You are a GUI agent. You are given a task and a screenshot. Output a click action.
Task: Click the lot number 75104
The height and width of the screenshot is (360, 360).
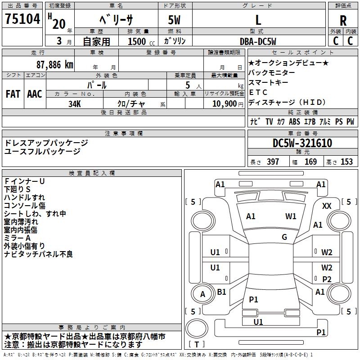coord(22,19)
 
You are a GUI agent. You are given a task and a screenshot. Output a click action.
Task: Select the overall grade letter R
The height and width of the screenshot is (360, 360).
coord(343,21)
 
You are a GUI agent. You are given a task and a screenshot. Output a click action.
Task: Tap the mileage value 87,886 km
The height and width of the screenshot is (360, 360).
coord(55,65)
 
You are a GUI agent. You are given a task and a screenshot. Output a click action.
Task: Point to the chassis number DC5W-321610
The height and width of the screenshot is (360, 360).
coord(302,143)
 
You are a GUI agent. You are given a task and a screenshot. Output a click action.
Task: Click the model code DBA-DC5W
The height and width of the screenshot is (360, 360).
coord(258,41)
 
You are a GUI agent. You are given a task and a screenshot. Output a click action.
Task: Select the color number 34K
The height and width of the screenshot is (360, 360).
coord(75,104)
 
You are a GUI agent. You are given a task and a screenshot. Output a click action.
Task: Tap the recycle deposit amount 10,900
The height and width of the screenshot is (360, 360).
coord(224,104)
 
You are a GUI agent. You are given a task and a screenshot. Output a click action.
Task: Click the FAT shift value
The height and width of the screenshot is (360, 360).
coord(13,94)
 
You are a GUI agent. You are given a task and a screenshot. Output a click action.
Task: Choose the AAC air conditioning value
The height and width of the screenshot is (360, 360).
coord(35,94)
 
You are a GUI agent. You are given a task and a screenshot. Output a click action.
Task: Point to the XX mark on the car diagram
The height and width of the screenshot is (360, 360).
coord(327,206)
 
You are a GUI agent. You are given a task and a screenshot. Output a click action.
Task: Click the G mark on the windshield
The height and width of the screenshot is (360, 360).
coord(284,237)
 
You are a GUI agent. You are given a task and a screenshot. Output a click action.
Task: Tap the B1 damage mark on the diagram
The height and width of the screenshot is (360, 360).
coord(221,292)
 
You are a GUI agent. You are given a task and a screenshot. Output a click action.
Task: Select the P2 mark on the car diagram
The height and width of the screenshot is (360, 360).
coord(327,279)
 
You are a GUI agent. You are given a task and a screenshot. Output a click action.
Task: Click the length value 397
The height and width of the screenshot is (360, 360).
coord(273,162)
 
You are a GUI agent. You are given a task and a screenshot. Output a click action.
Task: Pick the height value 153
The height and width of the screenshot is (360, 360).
coord(346,162)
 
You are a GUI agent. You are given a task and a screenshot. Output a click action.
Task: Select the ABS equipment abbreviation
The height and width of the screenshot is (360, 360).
coord(294,121)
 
